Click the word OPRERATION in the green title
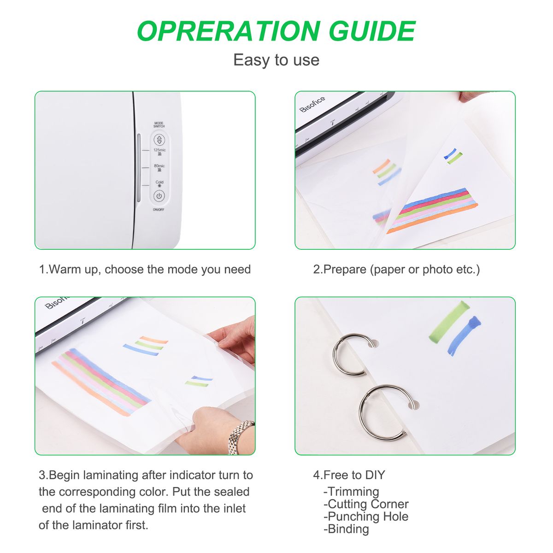coord(229,31)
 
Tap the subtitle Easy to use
coord(276,60)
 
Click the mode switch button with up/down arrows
coord(159,140)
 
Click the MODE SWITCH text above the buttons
coord(159,124)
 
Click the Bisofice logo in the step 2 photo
coord(312,104)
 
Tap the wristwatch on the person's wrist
coord(240,437)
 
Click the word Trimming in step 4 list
coord(353,492)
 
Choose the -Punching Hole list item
coord(366,517)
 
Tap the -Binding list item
coord(346,529)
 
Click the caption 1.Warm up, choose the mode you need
coord(145,270)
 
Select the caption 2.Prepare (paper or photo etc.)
coord(396,270)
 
